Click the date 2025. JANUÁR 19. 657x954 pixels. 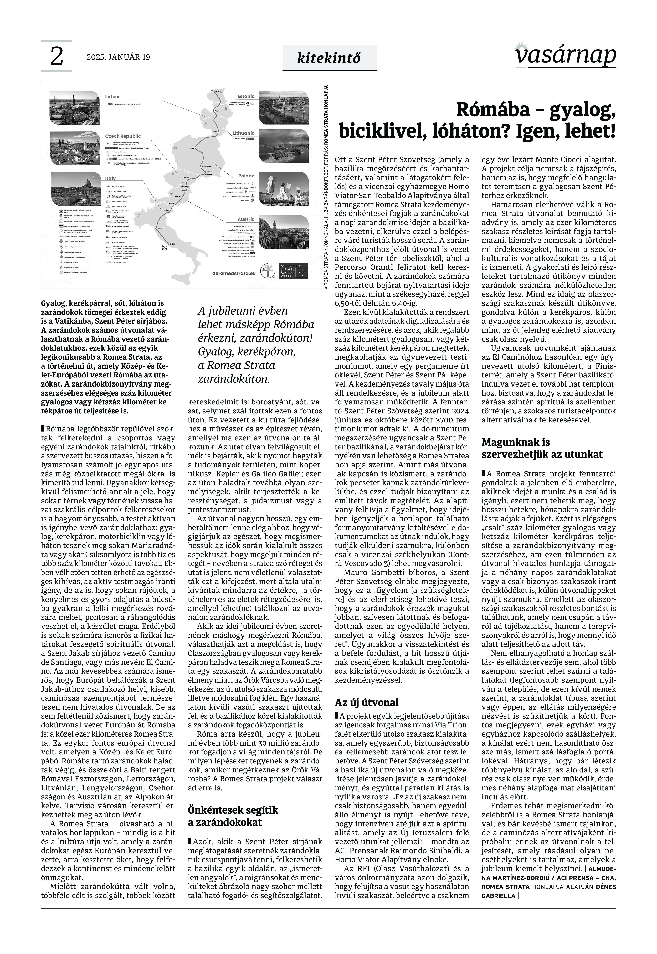coord(119,57)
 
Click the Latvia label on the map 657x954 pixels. coord(112,97)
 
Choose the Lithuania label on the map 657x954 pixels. coord(244,133)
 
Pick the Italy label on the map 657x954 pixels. coord(110,178)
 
